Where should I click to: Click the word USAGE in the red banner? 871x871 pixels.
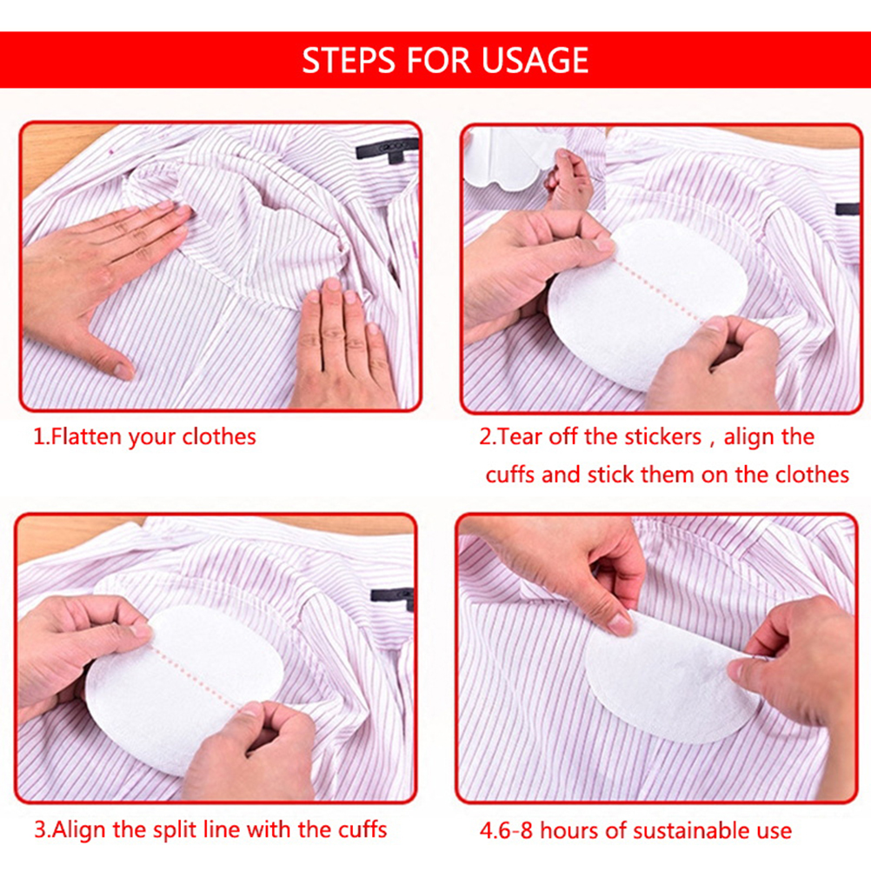[535, 60]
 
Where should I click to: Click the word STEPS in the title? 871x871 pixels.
[349, 60]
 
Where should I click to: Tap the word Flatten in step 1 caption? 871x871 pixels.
[87, 436]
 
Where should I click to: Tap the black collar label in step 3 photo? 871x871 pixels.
[393, 596]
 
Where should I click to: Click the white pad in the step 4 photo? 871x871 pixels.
[669, 681]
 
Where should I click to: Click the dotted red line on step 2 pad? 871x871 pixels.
[659, 288]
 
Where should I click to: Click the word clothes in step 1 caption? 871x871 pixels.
[219, 436]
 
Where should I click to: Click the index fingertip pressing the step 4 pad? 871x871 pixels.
[621, 624]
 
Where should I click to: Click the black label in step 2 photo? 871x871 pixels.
[848, 209]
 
